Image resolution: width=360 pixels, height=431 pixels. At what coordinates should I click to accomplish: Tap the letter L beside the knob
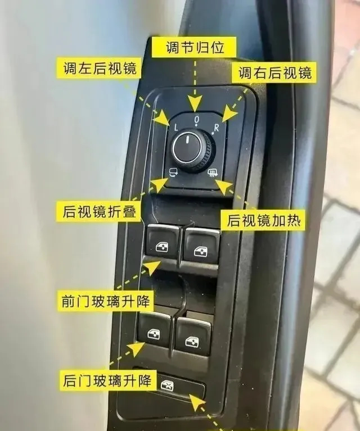(176, 127)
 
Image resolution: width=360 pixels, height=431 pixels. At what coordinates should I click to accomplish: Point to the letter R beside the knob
(217, 128)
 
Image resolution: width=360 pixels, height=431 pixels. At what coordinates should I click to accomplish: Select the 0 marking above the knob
(196, 119)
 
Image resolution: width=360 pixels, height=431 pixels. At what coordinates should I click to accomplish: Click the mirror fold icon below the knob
(173, 172)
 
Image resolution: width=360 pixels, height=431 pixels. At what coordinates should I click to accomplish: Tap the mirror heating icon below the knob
(213, 173)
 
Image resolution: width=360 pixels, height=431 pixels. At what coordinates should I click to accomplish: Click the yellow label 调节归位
(194, 47)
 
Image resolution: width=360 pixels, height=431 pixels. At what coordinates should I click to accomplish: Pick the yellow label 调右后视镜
(274, 73)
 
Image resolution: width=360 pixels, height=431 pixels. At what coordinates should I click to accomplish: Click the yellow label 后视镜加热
(263, 220)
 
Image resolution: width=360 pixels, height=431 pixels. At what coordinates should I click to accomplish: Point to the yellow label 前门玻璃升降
(105, 301)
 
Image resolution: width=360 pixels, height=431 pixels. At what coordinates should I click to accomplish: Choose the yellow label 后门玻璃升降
(107, 380)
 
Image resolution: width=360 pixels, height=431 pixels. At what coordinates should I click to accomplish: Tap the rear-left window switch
(155, 330)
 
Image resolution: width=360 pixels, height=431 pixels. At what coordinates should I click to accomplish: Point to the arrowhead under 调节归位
(195, 103)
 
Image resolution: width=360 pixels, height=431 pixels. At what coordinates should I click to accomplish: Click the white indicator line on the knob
(187, 139)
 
